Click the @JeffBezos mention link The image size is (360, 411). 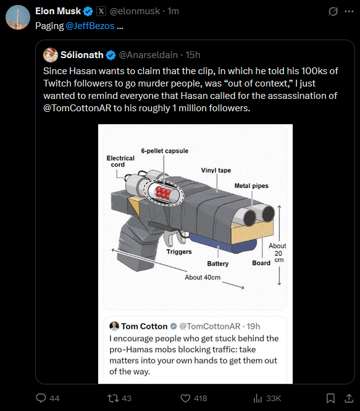[90, 26]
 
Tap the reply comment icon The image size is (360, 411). [41, 398]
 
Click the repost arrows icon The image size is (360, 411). [113, 398]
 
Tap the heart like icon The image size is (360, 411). [185, 399]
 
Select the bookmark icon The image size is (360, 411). [330, 399]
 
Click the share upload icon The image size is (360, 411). [349, 399]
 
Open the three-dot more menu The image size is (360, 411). [349, 11]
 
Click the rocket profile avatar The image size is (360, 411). [18, 17]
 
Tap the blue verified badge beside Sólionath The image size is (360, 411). [111, 55]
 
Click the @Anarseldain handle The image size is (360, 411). [148, 55]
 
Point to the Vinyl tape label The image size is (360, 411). [216, 171]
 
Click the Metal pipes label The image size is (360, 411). [251, 186]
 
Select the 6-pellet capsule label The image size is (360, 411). [165, 151]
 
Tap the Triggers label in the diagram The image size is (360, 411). [179, 252]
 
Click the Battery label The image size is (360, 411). [218, 263]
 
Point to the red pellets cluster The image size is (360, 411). [163, 192]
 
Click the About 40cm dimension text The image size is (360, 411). [203, 278]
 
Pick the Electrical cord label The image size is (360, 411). [120, 161]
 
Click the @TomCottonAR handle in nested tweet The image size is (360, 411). [210, 326]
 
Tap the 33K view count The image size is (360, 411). [274, 399]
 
